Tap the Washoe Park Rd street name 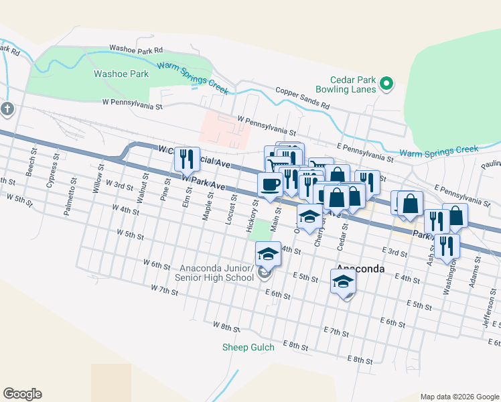click(137, 50)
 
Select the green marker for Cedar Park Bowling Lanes click(386, 84)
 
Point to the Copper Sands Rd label click(302, 98)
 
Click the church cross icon click(7, 109)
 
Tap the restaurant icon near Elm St click(187, 159)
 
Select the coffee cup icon click(270, 184)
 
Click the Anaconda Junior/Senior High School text click(214, 273)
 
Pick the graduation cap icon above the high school click(268, 254)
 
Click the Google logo click(22, 394)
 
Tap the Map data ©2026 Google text click(459, 397)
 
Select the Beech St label click(31, 160)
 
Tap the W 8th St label click(226, 326)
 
